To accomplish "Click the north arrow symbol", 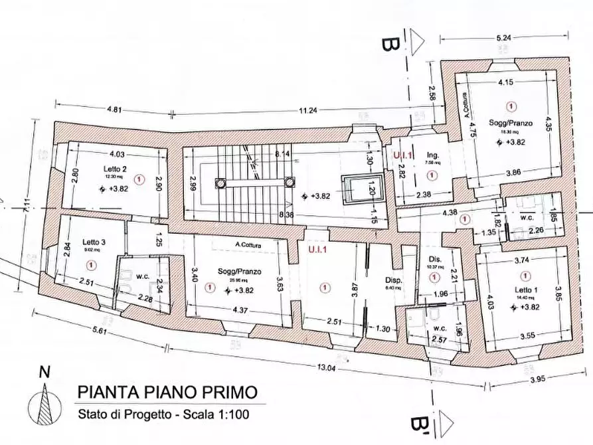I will point(44,399).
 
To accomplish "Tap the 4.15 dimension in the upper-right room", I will point(507,82).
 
